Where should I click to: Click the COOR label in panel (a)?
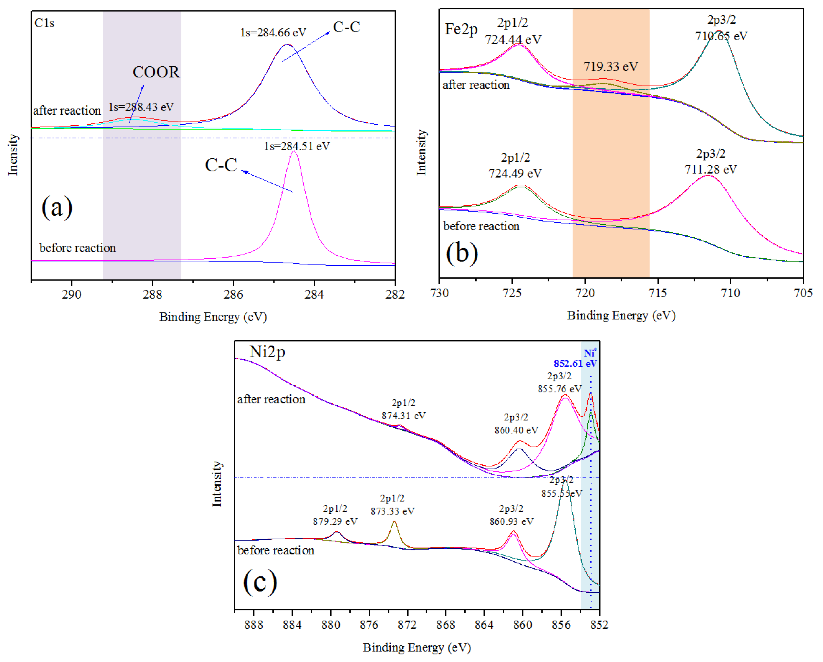coord(156,72)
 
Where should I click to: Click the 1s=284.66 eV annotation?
coord(273,33)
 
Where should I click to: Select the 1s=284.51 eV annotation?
coord(297,146)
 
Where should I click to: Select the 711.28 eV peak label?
coord(710,169)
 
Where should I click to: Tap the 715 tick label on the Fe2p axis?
coord(658,293)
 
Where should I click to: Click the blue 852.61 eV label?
coord(575,363)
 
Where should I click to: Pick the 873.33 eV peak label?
coord(392,511)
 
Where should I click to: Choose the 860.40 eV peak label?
coord(516,430)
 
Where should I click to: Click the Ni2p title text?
coord(267,351)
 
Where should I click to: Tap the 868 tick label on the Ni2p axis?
coord(446,625)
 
